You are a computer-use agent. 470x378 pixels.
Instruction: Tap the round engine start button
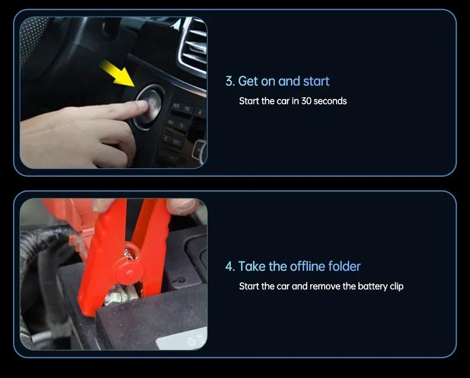pos(149,107)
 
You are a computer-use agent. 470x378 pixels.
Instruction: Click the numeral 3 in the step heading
pos(229,81)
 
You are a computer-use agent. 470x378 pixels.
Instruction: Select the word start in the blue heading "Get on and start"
pos(316,81)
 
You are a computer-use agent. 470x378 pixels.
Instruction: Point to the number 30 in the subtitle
pos(306,101)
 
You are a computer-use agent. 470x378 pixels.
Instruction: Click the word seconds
pos(330,101)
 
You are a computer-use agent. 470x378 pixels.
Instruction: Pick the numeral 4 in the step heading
pos(229,267)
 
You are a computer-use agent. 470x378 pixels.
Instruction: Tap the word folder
pos(344,266)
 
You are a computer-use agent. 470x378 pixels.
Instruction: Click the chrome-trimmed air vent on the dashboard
pos(193,46)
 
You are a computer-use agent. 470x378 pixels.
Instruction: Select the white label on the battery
pos(183,339)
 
